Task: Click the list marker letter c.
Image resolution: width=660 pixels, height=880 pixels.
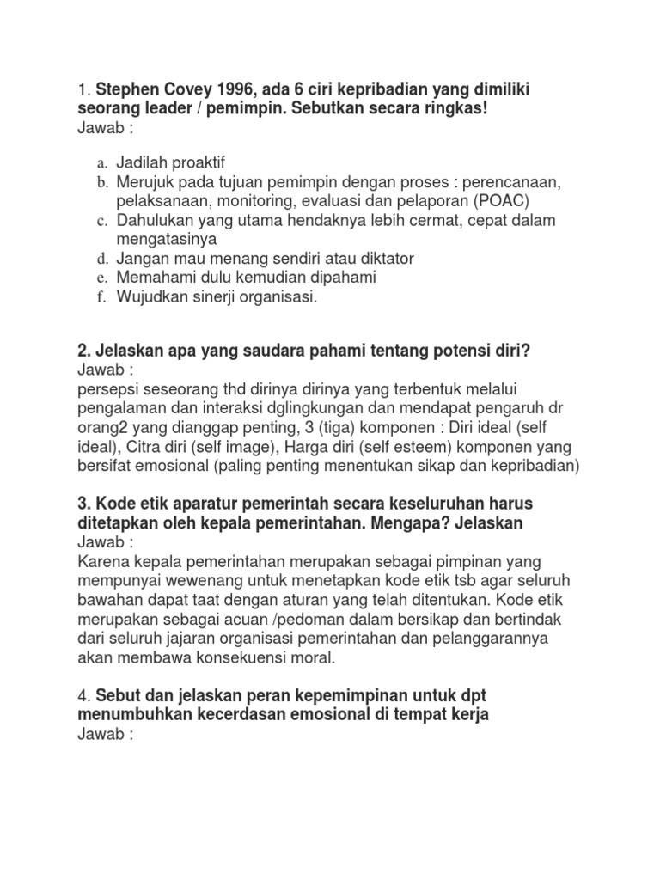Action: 101,220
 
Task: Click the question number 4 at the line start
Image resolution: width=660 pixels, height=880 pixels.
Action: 82,695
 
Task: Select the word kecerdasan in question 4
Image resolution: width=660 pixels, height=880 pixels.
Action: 245,714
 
